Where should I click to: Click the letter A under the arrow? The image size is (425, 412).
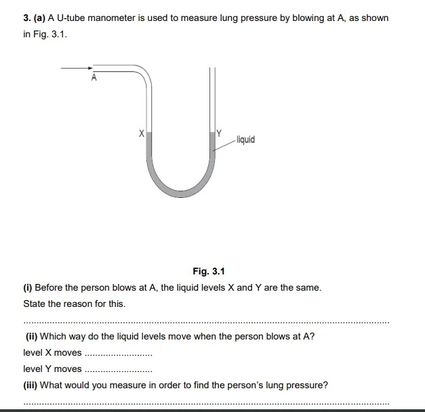pos(94,78)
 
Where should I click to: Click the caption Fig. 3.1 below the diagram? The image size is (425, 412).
pos(208,271)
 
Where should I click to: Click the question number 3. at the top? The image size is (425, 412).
pos(28,18)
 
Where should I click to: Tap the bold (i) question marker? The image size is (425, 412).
pos(28,287)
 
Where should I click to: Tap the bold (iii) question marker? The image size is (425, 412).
pos(31,385)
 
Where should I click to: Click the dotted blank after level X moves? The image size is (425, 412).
pos(118,353)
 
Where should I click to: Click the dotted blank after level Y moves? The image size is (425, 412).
pos(118,369)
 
